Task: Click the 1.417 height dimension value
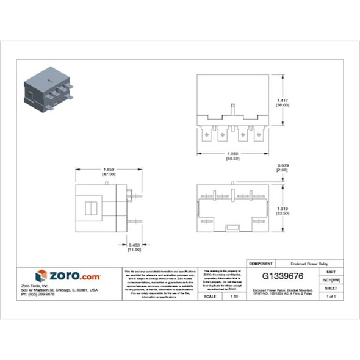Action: pos(282,100)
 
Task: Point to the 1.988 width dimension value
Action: pos(232,153)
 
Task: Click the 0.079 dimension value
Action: pos(283,165)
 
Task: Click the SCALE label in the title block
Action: pos(211,296)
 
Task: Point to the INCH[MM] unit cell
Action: pos(331,279)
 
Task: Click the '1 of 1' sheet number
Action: pos(331,296)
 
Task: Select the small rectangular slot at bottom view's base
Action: pos(232,227)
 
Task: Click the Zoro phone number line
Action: pos(38,293)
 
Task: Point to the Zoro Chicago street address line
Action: pos(59,289)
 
